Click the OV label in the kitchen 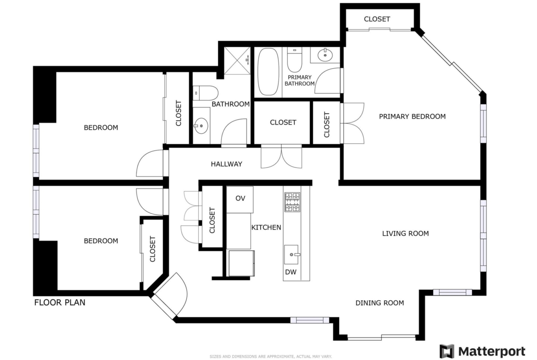(x=240, y=199)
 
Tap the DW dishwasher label (x=291, y=272)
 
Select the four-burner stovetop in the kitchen (x=292, y=202)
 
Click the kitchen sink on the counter (x=291, y=255)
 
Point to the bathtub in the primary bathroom (x=268, y=72)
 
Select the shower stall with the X (x=237, y=61)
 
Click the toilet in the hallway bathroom (x=205, y=93)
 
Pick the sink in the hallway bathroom (x=201, y=126)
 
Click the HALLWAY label (x=226, y=164)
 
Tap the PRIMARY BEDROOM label (x=412, y=116)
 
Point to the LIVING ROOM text (x=405, y=234)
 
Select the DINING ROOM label (x=380, y=303)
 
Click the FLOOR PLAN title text (x=60, y=303)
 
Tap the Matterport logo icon (x=447, y=351)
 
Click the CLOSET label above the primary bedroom (x=377, y=19)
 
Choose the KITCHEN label (x=266, y=227)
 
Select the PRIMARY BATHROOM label (x=299, y=80)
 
